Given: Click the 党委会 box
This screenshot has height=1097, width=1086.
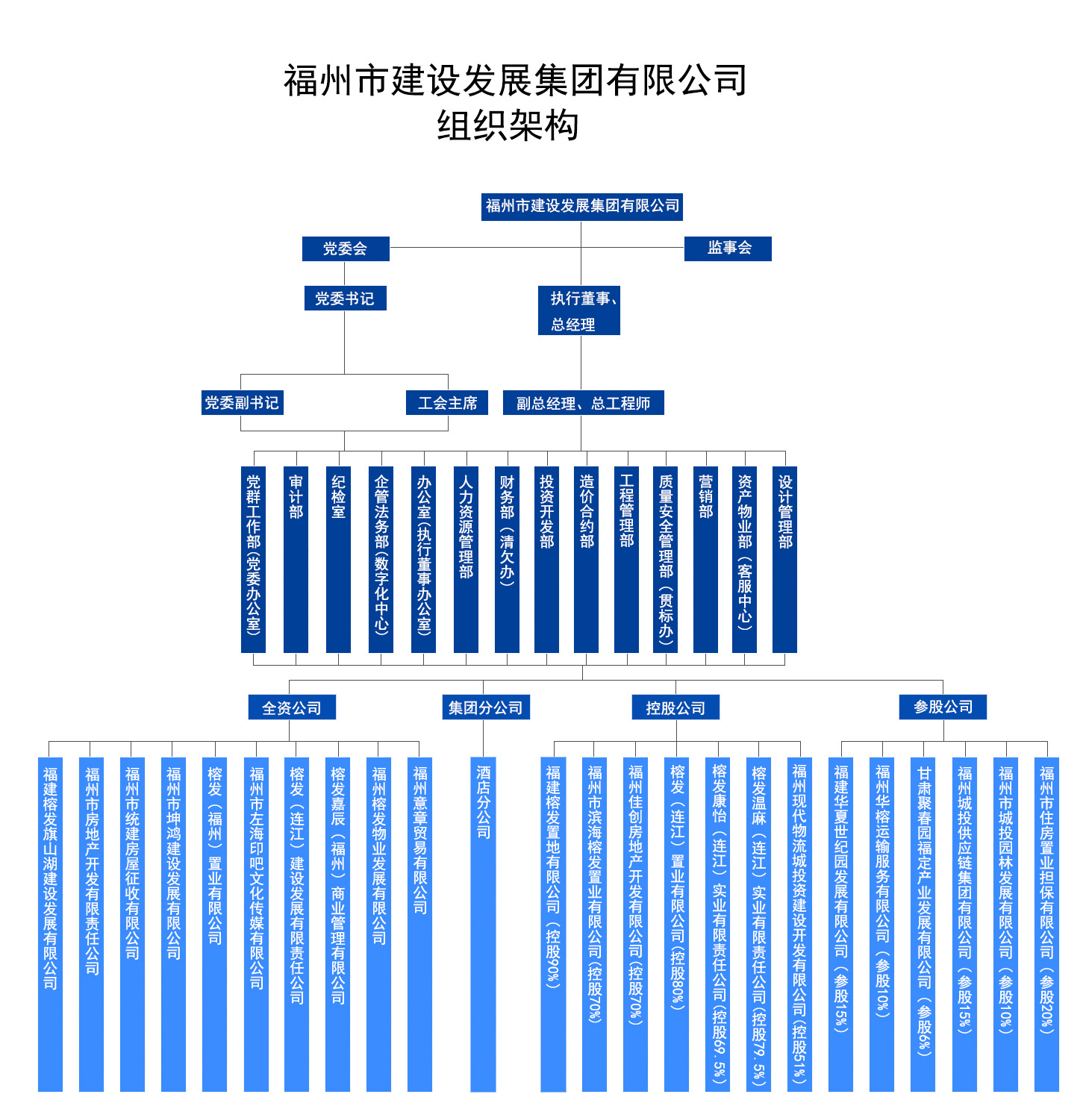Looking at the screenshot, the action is (x=345, y=249).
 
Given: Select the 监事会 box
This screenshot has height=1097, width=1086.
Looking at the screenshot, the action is (x=727, y=249).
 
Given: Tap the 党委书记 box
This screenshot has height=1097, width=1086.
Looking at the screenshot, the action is (x=345, y=298).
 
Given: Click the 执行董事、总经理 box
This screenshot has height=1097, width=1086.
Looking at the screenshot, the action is (x=578, y=310).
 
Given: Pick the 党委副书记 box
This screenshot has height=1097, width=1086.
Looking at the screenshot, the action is (x=242, y=402).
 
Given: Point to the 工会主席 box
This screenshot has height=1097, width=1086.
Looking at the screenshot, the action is (x=446, y=402).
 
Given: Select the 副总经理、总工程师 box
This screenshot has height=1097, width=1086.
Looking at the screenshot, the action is (x=583, y=402).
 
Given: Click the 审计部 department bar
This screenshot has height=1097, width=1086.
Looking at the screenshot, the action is (x=296, y=559).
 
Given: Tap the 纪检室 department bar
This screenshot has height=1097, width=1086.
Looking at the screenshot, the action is (x=338, y=559).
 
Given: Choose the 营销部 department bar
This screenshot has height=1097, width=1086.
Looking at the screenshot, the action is (x=705, y=559).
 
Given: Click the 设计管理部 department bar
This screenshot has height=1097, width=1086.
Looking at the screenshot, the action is (x=784, y=559).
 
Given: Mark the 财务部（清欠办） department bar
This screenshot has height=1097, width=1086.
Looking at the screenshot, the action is (x=507, y=559).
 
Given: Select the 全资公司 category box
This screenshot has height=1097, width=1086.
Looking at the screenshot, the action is (x=292, y=707).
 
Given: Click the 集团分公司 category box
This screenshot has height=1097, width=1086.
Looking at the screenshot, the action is (x=486, y=707).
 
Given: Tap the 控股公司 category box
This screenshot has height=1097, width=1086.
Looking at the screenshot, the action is (x=675, y=707).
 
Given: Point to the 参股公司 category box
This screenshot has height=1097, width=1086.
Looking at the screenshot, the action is (x=943, y=707).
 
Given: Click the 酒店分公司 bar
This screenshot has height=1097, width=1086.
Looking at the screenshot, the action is (x=484, y=924).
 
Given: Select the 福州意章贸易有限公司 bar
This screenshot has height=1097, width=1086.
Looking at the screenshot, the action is (x=419, y=924).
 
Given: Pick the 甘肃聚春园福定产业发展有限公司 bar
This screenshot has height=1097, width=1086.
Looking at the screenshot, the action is (x=923, y=924).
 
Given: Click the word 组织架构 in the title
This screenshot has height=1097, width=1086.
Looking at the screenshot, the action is (x=508, y=125).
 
